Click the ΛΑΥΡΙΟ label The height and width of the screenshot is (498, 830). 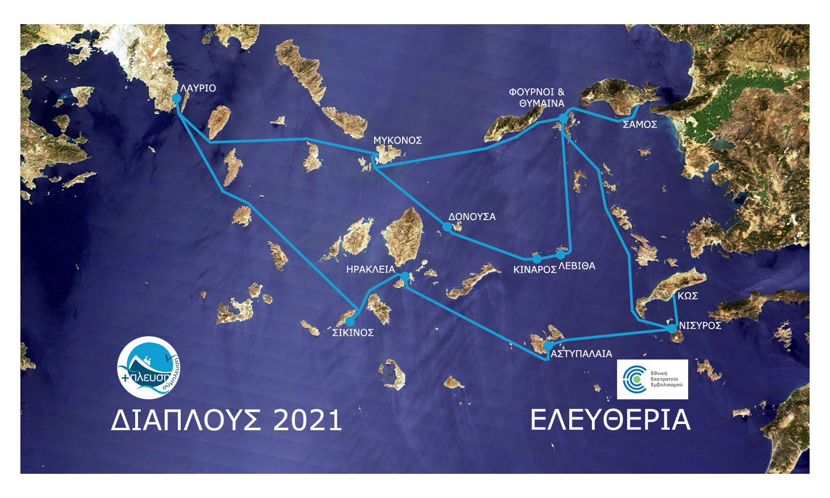198,88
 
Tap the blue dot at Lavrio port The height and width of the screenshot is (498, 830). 176,98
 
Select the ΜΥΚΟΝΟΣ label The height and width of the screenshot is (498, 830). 397,140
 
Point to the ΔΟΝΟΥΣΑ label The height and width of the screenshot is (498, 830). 472,217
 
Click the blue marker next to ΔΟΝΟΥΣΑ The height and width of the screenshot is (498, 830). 447,227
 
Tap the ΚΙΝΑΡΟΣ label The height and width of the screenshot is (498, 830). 535,270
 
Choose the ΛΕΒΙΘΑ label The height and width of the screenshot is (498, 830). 577,266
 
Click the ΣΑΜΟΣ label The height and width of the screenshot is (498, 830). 640,125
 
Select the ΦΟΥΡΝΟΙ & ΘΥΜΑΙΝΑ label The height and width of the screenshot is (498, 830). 537,98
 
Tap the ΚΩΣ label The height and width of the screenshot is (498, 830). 687,296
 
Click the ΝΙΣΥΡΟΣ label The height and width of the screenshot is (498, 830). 700,325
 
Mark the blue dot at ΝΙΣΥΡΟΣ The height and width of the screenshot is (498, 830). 672,328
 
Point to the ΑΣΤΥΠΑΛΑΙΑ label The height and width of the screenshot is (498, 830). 581,354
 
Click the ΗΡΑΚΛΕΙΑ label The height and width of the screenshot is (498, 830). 370,269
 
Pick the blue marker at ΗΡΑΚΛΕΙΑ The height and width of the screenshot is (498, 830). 405,276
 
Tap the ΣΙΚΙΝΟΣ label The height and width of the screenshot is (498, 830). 353,333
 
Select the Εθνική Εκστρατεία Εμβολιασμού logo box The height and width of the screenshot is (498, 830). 652,379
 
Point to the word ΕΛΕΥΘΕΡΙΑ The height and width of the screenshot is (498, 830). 610,420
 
